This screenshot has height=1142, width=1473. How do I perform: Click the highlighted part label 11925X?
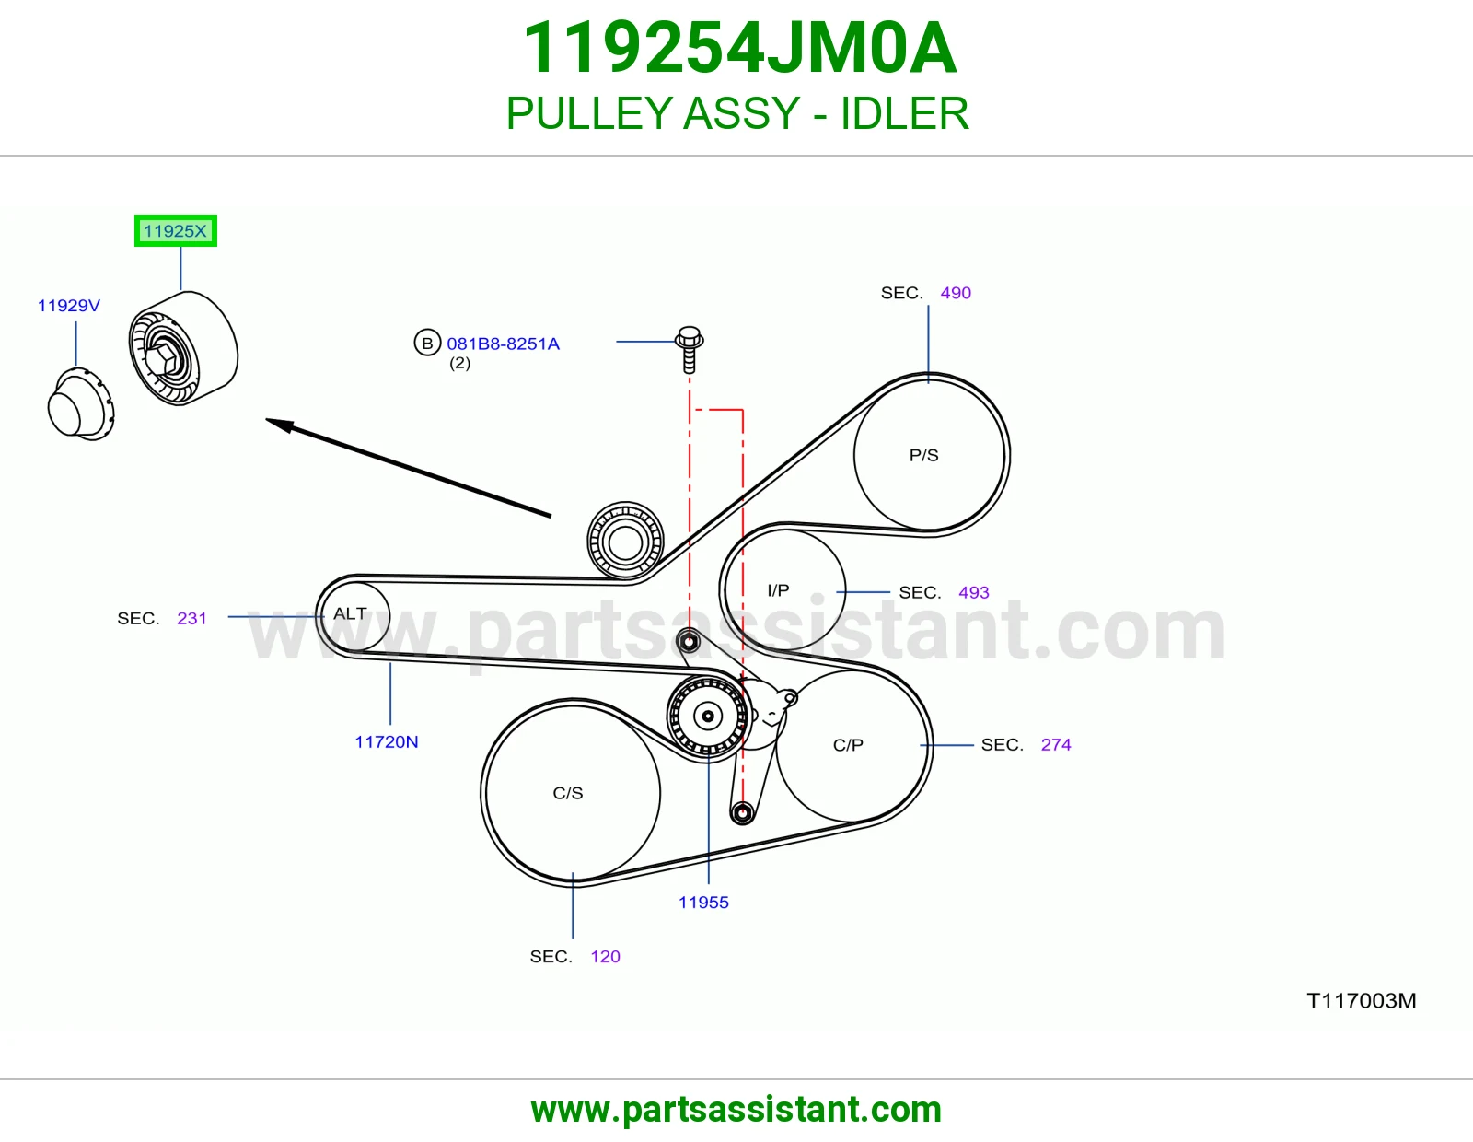(x=175, y=231)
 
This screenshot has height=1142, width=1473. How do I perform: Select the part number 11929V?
(x=68, y=306)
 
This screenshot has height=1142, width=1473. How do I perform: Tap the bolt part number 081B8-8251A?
(x=503, y=344)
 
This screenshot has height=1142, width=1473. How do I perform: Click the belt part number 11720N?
(x=387, y=742)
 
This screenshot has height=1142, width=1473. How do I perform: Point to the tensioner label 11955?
(x=703, y=903)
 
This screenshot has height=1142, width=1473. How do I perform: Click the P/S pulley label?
(x=924, y=455)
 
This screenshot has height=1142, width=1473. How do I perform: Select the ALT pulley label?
(x=350, y=613)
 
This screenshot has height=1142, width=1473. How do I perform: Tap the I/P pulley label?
(x=778, y=590)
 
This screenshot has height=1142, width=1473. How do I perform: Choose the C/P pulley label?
(x=848, y=745)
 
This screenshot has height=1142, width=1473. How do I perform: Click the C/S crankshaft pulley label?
(x=568, y=794)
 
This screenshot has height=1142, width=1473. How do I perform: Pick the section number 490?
(x=956, y=293)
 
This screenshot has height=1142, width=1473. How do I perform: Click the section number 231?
(x=191, y=619)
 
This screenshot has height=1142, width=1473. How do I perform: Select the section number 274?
(x=1056, y=745)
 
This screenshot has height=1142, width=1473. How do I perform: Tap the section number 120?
(x=606, y=957)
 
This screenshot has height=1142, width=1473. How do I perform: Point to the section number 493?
(x=974, y=593)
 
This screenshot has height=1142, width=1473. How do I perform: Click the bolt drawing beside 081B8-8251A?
(x=690, y=350)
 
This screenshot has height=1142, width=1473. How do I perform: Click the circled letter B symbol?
(x=428, y=344)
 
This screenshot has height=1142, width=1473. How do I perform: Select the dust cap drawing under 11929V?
(x=81, y=404)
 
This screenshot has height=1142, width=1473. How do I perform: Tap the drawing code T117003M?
(x=1362, y=1001)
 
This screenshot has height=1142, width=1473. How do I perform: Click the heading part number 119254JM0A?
(x=739, y=48)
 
